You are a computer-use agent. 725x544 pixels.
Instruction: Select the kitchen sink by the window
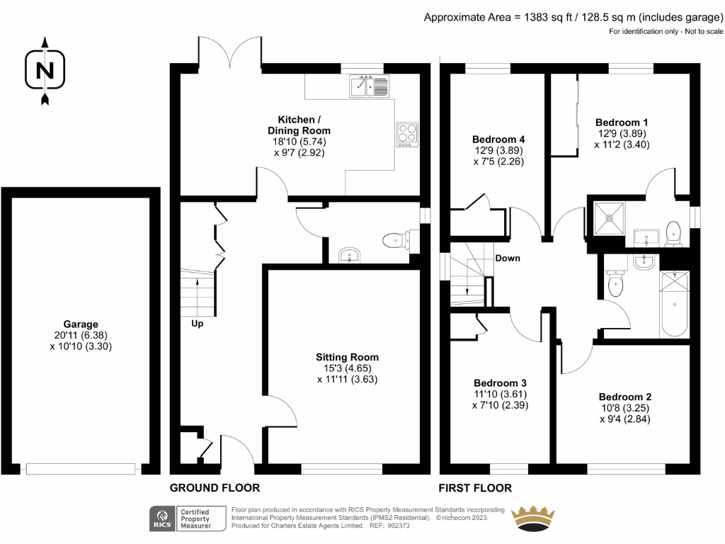pos(368,87)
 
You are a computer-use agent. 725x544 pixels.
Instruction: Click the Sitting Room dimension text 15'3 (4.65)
pos(347,368)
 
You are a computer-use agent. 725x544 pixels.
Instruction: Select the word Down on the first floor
pos(507,258)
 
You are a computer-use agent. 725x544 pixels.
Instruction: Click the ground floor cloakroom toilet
pos(394,241)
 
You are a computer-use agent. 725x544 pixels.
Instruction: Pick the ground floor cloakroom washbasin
pos(348,255)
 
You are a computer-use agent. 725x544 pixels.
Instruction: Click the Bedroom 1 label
pos(622,122)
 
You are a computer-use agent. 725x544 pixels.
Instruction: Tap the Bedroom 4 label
pos(498,139)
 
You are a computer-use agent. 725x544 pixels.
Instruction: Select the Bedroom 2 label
pos(624,397)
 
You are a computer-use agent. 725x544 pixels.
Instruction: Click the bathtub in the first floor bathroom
pos(673,305)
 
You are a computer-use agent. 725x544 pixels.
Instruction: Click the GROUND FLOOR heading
pos(215,488)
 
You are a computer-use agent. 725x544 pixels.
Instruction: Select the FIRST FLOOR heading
pos(474,488)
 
